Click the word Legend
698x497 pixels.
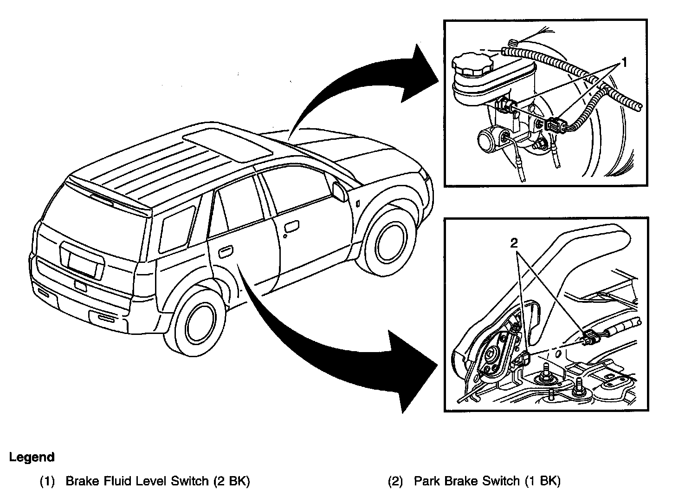[32, 457]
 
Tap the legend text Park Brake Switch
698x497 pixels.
[466, 481]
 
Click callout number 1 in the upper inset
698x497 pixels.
[624, 62]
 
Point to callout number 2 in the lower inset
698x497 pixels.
[514, 243]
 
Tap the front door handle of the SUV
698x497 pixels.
[292, 227]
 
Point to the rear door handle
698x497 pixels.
[225, 253]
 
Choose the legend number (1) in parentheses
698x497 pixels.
[47, 481]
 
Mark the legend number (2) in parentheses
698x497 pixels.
[395, 481]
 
